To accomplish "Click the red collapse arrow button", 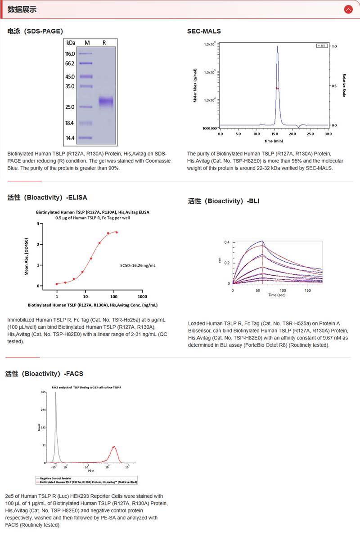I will coord(348,9).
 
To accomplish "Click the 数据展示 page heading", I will coord(22,9).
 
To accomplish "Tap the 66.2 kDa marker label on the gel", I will coord(69,63).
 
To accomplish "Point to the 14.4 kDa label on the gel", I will coord(70,138).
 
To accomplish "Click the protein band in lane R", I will coord(106,102).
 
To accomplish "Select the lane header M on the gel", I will coord(87,43).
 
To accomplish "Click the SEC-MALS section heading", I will coord(204,31).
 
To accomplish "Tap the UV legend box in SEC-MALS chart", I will coord(322,46).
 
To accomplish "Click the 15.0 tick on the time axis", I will coord(274,134).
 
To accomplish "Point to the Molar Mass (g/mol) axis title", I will coord(196,85).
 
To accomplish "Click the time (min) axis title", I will coord(274,141).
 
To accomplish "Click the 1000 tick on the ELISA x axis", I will coord(142,297).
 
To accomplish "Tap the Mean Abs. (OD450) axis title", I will coord(27,256).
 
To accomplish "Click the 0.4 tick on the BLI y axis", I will coord(227,242).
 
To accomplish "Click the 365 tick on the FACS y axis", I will coord(43,392).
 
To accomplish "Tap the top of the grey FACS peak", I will coord(55,393).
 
